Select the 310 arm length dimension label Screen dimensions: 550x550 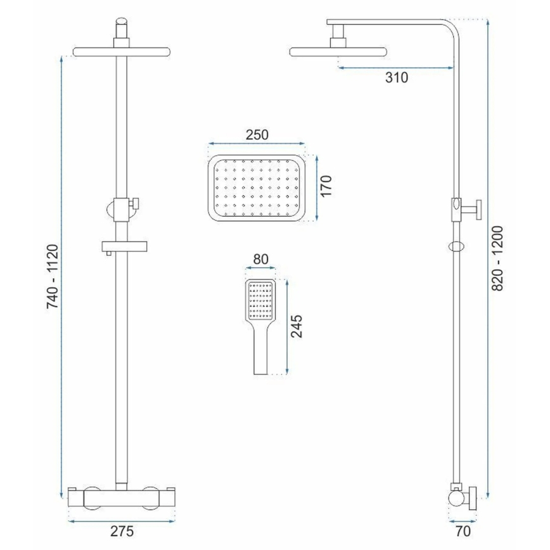pyautogui.click(x=397, y=78)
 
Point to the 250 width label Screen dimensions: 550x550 pyautogui.click(x=257, y=134)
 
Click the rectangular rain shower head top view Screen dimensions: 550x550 pyautogui.click(x=257, y=188)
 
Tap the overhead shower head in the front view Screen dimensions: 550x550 pyautogui.click(x=122, y=51)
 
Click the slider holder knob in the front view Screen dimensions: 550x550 pyautogui.click(x=133, y=203)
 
